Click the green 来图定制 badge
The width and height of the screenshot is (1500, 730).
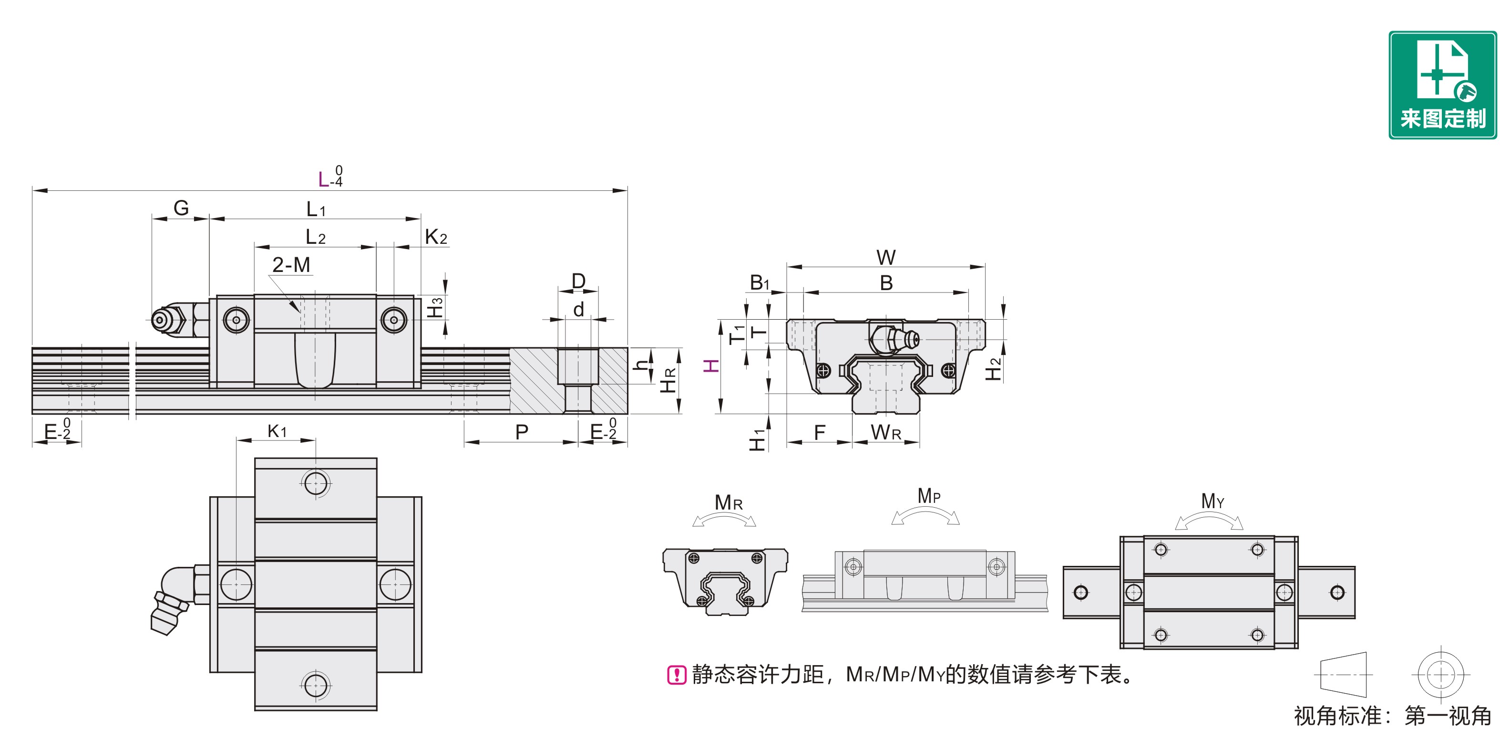[1442, 85]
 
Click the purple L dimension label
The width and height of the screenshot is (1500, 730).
[324, 179]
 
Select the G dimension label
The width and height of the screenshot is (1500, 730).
[181, 208]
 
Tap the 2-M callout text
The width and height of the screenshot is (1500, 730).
[291, 265]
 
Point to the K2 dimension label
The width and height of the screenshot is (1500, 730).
[436, 237]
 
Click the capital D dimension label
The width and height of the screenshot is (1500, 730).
[578, 281]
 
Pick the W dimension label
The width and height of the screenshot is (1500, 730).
[886, 257]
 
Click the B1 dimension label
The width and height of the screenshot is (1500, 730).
[760, 282]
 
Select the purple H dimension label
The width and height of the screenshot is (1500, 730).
[711, 366]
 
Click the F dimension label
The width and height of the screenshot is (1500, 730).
[819, 432]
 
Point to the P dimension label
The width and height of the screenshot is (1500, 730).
[522, 432]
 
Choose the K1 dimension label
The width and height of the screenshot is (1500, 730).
[277, 431]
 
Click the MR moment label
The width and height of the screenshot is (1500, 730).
[728, 502]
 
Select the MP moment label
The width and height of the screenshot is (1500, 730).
[929, 496]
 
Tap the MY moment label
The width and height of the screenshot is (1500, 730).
[1212, 501]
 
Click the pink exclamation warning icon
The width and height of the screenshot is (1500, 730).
[676, 675]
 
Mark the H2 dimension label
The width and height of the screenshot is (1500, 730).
[993, 369]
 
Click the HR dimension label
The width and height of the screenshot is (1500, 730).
[668, 380]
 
